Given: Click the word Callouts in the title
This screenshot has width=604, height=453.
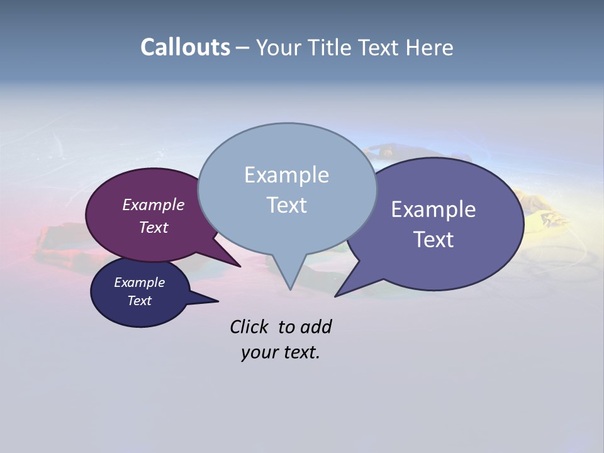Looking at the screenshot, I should [185, 47].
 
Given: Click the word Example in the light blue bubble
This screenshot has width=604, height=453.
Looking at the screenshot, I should [286, 175].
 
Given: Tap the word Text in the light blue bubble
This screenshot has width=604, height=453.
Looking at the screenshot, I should [286, 205].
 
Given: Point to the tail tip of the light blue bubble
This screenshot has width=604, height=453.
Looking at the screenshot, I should [290, 288].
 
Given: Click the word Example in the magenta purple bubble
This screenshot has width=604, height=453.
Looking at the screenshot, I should [153, 204].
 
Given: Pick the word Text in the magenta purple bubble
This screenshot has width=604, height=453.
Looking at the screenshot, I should [154, 227].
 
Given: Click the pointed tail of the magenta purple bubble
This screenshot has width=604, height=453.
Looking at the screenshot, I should [238, 265].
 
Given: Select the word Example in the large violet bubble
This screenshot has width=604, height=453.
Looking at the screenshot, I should [433, 210].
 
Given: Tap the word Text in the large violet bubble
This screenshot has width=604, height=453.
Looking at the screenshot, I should [433, 240].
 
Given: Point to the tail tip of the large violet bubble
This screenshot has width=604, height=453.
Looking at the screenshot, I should [337, 295].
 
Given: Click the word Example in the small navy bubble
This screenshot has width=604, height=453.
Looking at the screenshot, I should [139, 282].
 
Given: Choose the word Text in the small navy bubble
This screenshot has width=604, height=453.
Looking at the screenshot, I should [139, 301].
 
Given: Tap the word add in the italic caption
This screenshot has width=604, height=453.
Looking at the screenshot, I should [316, 327].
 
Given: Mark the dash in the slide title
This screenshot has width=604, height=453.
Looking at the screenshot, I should [243, 48].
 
